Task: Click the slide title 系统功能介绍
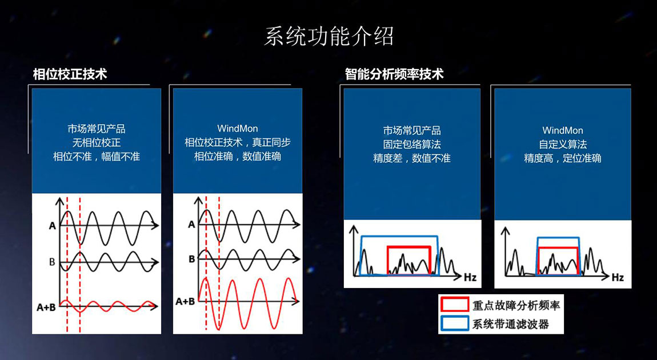(x=328, y=37)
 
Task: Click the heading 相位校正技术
(x=70, y=75)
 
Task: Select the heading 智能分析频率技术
(x=394, y=75)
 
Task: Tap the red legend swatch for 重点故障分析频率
(x=454, y=304)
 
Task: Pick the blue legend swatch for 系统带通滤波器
(x=454, y=323)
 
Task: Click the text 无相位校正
(x=97, y=142)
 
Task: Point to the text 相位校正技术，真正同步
(x=238, y=142)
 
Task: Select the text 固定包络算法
(x=412, y=145)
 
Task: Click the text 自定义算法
(x=563, y=145)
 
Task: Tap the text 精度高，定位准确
(x=563, y=158)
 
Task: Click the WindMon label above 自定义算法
(x=563, y=130)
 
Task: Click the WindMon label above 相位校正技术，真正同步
(x=238, y=128)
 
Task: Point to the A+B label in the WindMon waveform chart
(x=185, y=301)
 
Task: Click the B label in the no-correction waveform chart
(x=52, y=262)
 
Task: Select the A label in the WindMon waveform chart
(x=191, y=225)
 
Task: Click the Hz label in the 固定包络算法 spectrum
(x=470, y=278)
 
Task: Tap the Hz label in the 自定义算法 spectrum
(x=618, y=278)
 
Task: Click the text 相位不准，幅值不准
(x=97, y=157)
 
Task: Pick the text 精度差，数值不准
(x=412, y=158)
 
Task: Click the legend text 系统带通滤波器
(x=510, y=324)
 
